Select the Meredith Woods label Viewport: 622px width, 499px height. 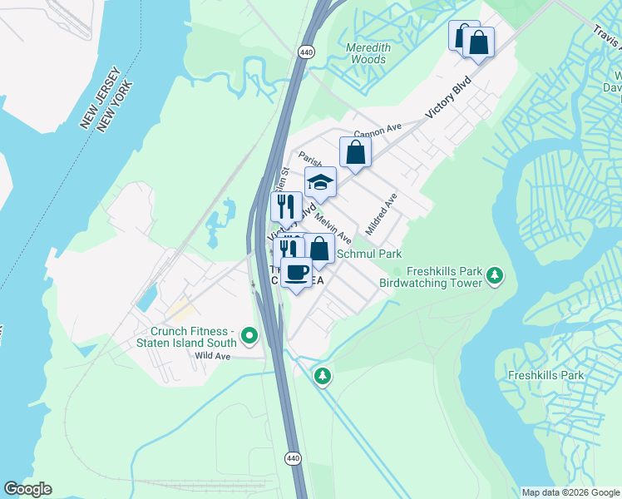366,54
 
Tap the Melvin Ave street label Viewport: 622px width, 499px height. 333,226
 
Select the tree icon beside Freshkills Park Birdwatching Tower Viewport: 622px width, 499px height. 495,274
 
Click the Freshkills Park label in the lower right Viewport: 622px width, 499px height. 545,375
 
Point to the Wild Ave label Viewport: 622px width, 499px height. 211,355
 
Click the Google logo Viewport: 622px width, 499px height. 27,489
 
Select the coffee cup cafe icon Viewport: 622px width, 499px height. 295,271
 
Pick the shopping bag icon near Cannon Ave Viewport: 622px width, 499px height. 355,152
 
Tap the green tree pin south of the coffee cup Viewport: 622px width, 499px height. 322,376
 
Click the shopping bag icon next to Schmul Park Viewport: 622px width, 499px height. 318,248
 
